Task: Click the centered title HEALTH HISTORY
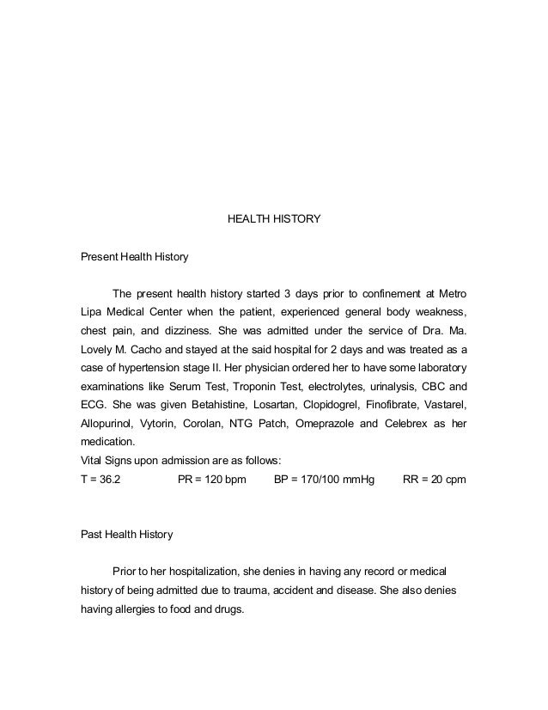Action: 273,219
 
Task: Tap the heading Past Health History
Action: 126,534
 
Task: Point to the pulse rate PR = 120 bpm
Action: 211,479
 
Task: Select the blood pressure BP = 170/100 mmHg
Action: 324,479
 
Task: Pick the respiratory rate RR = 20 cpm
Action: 434,479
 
